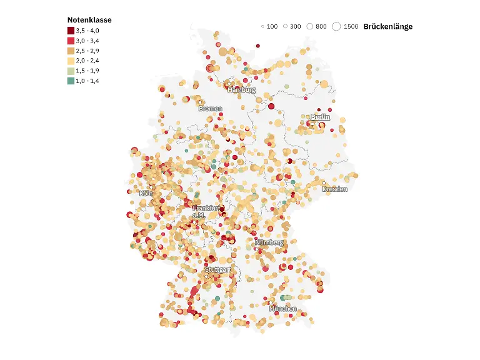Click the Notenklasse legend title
[89, 20]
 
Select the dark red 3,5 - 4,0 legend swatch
[71, 31]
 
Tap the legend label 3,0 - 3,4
[87, 41]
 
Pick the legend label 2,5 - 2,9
[87, 51]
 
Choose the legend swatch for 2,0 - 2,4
[71, 61]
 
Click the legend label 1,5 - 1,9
[87, 71]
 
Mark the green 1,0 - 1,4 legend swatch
[71, 81]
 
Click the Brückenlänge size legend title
[387, 27]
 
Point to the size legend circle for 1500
[336, 26]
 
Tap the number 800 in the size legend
[321, 27]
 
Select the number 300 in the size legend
[295, 27]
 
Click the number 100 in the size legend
[272, 27]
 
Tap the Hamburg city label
[241, 90]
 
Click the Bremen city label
[210, 109]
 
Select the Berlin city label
[320, 117]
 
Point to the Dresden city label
[334, 189]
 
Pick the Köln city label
[146, 194]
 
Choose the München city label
[282, 309]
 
